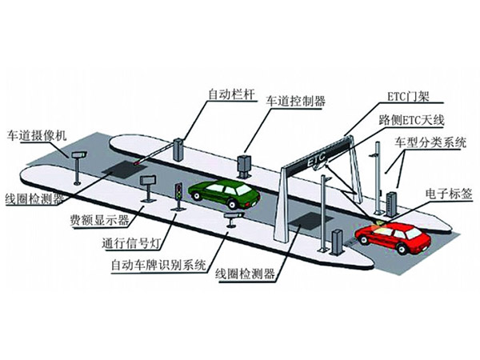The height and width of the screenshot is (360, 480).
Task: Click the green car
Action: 224,194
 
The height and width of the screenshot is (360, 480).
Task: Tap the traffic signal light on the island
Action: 178,196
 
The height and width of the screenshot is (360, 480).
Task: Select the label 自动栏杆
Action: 231,94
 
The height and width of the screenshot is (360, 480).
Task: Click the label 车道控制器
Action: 295,101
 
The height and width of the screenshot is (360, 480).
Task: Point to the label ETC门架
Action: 409,97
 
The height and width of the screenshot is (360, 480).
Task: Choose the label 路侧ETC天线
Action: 411,120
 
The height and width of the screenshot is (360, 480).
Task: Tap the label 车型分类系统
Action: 430,142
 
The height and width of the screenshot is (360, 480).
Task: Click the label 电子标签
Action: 449,194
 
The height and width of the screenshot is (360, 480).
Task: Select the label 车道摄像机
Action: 37,135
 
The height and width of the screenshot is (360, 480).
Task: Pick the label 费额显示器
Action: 99,220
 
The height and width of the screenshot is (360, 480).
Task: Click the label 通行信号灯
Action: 131,243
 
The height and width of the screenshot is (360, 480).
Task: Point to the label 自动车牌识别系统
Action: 158,265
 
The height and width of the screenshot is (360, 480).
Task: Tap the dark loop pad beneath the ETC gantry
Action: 310,222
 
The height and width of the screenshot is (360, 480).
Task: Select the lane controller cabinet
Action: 244,166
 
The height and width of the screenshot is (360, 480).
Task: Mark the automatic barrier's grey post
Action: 178,150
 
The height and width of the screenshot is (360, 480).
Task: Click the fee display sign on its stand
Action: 149,188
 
